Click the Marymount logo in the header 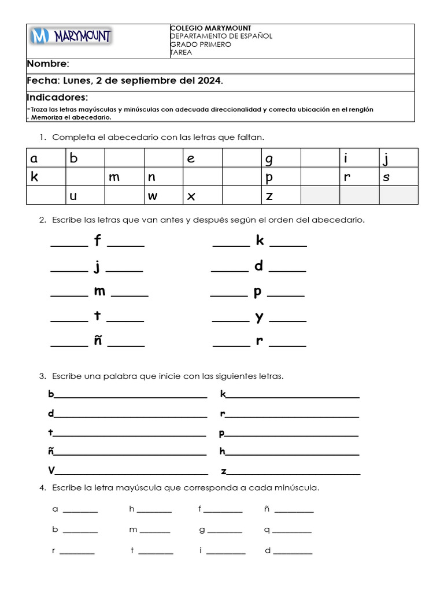[x=71, y=37]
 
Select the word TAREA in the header [x=181, y=53]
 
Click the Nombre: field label [x=48, y=64]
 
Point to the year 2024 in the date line [x=209, y=81]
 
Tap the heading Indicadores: [x=57, y=97]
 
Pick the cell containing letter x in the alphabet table [x=202, y=196]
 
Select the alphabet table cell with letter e [x=202, y=158]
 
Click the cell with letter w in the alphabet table [x=163, y=196]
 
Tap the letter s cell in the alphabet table [x=398, y=177]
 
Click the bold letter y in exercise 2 [x=260, y=316]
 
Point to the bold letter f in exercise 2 [x=98, y=240]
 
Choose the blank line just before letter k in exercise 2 [x=231, y=245]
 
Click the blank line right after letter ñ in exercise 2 [x=126, y=345]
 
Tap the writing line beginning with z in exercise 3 [x=293, y=473]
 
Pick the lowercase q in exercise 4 [x=267, y=530]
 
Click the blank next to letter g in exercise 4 [x=224, y=532]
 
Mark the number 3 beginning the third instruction [x=42, y=376]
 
